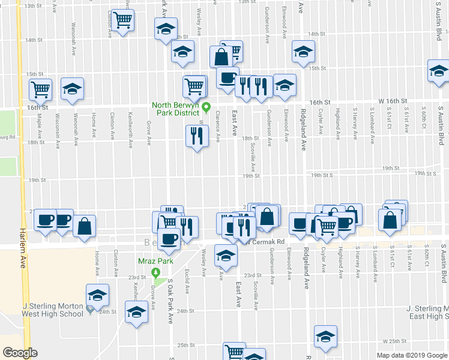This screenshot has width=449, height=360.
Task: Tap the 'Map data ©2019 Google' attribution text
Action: (x=411, y=355)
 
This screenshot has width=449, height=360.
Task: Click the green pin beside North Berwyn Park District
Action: (x=206, y=108)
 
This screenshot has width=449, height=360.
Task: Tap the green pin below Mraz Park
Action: (x=157, y=273)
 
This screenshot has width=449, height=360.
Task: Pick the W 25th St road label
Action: (x=394, y=341)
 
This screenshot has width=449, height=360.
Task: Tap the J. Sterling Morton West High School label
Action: (x=52, y=310)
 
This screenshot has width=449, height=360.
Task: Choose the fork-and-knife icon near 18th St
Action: (x=196, y=137)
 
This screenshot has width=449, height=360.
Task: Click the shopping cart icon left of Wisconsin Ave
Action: (x=41, y=89)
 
